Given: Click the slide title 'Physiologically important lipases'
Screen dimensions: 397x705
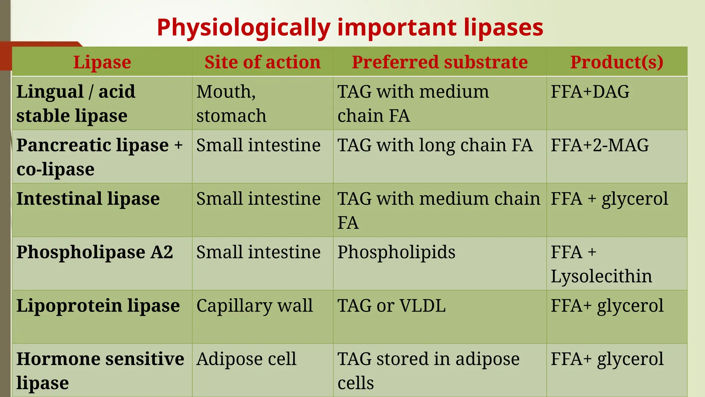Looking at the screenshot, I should point(350,28).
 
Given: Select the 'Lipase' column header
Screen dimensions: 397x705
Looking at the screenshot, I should point(102,62).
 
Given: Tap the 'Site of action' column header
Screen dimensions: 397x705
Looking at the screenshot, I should point(262,62).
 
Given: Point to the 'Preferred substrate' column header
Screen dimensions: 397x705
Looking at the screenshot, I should point(440,62).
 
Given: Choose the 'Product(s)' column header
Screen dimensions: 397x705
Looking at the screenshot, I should point(617,62).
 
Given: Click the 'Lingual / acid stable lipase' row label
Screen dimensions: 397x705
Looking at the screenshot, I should point(76,103).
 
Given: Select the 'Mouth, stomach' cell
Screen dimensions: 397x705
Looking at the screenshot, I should point(231,103).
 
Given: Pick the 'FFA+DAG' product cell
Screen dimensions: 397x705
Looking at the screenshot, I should point(590,92).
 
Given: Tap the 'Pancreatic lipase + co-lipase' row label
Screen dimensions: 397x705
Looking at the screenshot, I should point(99,157).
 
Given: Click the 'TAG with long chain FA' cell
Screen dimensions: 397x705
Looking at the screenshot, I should point(435,145).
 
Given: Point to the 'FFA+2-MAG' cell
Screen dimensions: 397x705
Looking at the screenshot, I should point(600,145).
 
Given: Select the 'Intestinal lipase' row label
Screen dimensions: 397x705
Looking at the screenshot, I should point(88,199).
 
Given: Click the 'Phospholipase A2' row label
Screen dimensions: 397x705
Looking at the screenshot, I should point(95,252).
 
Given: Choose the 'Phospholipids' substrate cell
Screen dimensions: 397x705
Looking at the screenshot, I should point(396,252).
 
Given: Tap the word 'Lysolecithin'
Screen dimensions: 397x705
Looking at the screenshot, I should point(601,276).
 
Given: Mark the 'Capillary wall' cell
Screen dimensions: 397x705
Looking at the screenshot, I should point(254,306).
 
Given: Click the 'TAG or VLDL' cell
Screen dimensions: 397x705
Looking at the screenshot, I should point(391,306).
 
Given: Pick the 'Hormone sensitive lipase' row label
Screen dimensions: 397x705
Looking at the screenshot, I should point(100,371).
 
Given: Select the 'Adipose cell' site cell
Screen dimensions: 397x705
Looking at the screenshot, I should point(246,359).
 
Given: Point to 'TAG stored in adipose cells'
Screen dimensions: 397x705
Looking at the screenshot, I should point(428,371).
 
